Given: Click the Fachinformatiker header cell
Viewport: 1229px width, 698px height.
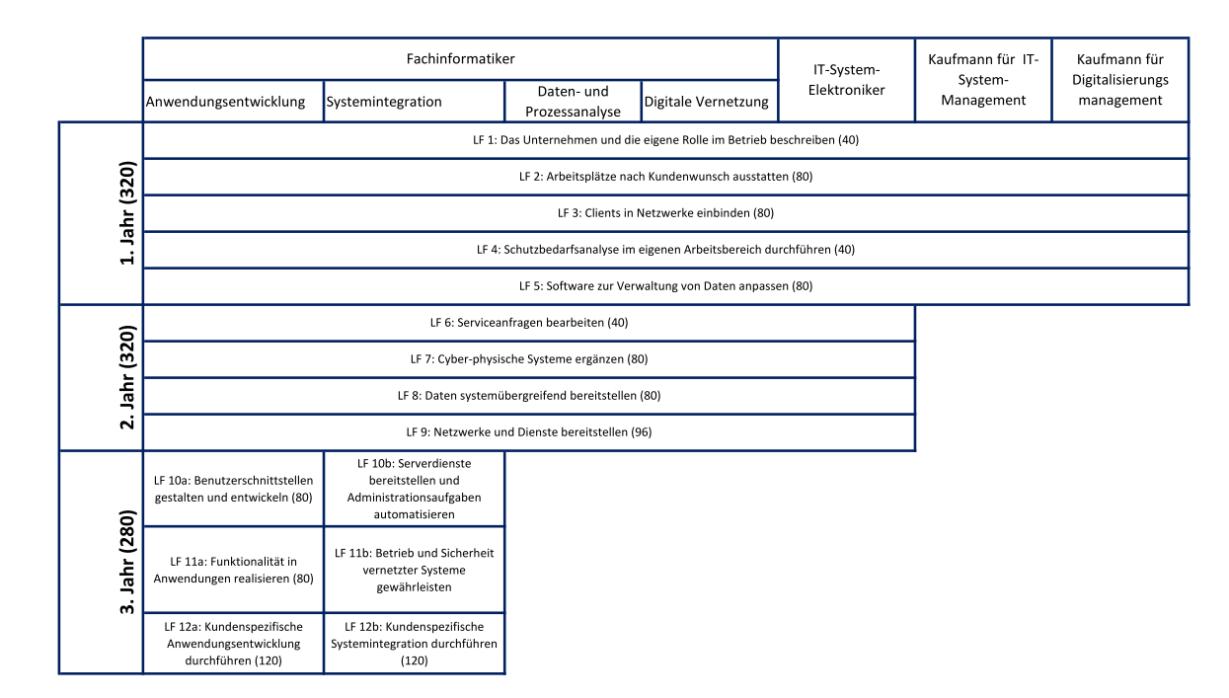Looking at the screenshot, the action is (x=460, y=58).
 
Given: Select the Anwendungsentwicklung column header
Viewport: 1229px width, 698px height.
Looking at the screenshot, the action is (x=233, y=101).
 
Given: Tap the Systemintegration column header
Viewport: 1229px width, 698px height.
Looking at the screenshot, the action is (x=414, y=101).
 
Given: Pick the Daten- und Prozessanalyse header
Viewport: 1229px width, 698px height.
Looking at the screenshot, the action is (x=573, y=101).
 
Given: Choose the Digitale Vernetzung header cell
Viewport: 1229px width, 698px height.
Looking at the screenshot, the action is (x=710, y=101).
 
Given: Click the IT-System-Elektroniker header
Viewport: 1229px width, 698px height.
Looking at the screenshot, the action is (x=847, y=80).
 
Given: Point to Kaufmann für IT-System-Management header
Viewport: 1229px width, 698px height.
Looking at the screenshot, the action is (x=983, y=80).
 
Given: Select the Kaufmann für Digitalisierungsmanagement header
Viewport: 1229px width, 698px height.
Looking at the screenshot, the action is (x=1120, y=80).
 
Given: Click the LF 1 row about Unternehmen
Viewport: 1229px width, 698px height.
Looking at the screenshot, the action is (x=665, y=140).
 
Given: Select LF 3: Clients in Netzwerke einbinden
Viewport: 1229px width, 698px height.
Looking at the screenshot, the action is (x=665, y=213).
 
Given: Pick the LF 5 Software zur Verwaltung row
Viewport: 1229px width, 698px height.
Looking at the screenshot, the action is (x=665, y=286).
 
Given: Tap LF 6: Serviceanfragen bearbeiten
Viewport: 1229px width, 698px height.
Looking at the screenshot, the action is (x=529, y=323).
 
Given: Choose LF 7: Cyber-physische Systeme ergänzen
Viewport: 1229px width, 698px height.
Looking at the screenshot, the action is (x=529, y=359).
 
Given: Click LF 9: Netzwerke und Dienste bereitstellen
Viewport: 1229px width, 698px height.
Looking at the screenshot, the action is (x=529, y=431).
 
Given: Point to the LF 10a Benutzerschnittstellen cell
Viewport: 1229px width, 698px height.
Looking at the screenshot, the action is (x=233, y=489).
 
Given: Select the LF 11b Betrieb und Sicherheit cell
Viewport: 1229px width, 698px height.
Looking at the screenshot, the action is (x=414, y=570).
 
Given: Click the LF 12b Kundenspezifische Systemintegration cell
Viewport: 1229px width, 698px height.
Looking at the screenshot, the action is (x=414, y=643).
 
